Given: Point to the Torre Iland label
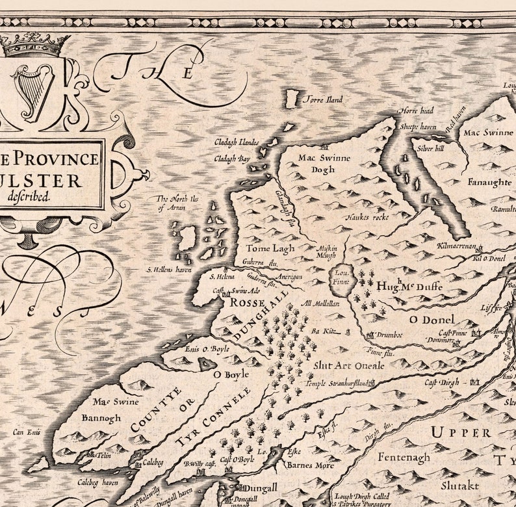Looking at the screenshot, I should coord(323,100).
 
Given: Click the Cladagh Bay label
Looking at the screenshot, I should coord(232,158).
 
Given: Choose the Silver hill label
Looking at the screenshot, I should coord(430,148).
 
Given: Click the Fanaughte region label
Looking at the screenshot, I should coord(489,183).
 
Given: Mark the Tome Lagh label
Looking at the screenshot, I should coord(270,248).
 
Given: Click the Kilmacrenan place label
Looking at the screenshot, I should coord(458,247).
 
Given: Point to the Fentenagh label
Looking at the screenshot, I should coord(404,458).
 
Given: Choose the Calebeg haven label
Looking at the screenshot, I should coord(98,482).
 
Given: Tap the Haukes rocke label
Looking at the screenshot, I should coord(367,217).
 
